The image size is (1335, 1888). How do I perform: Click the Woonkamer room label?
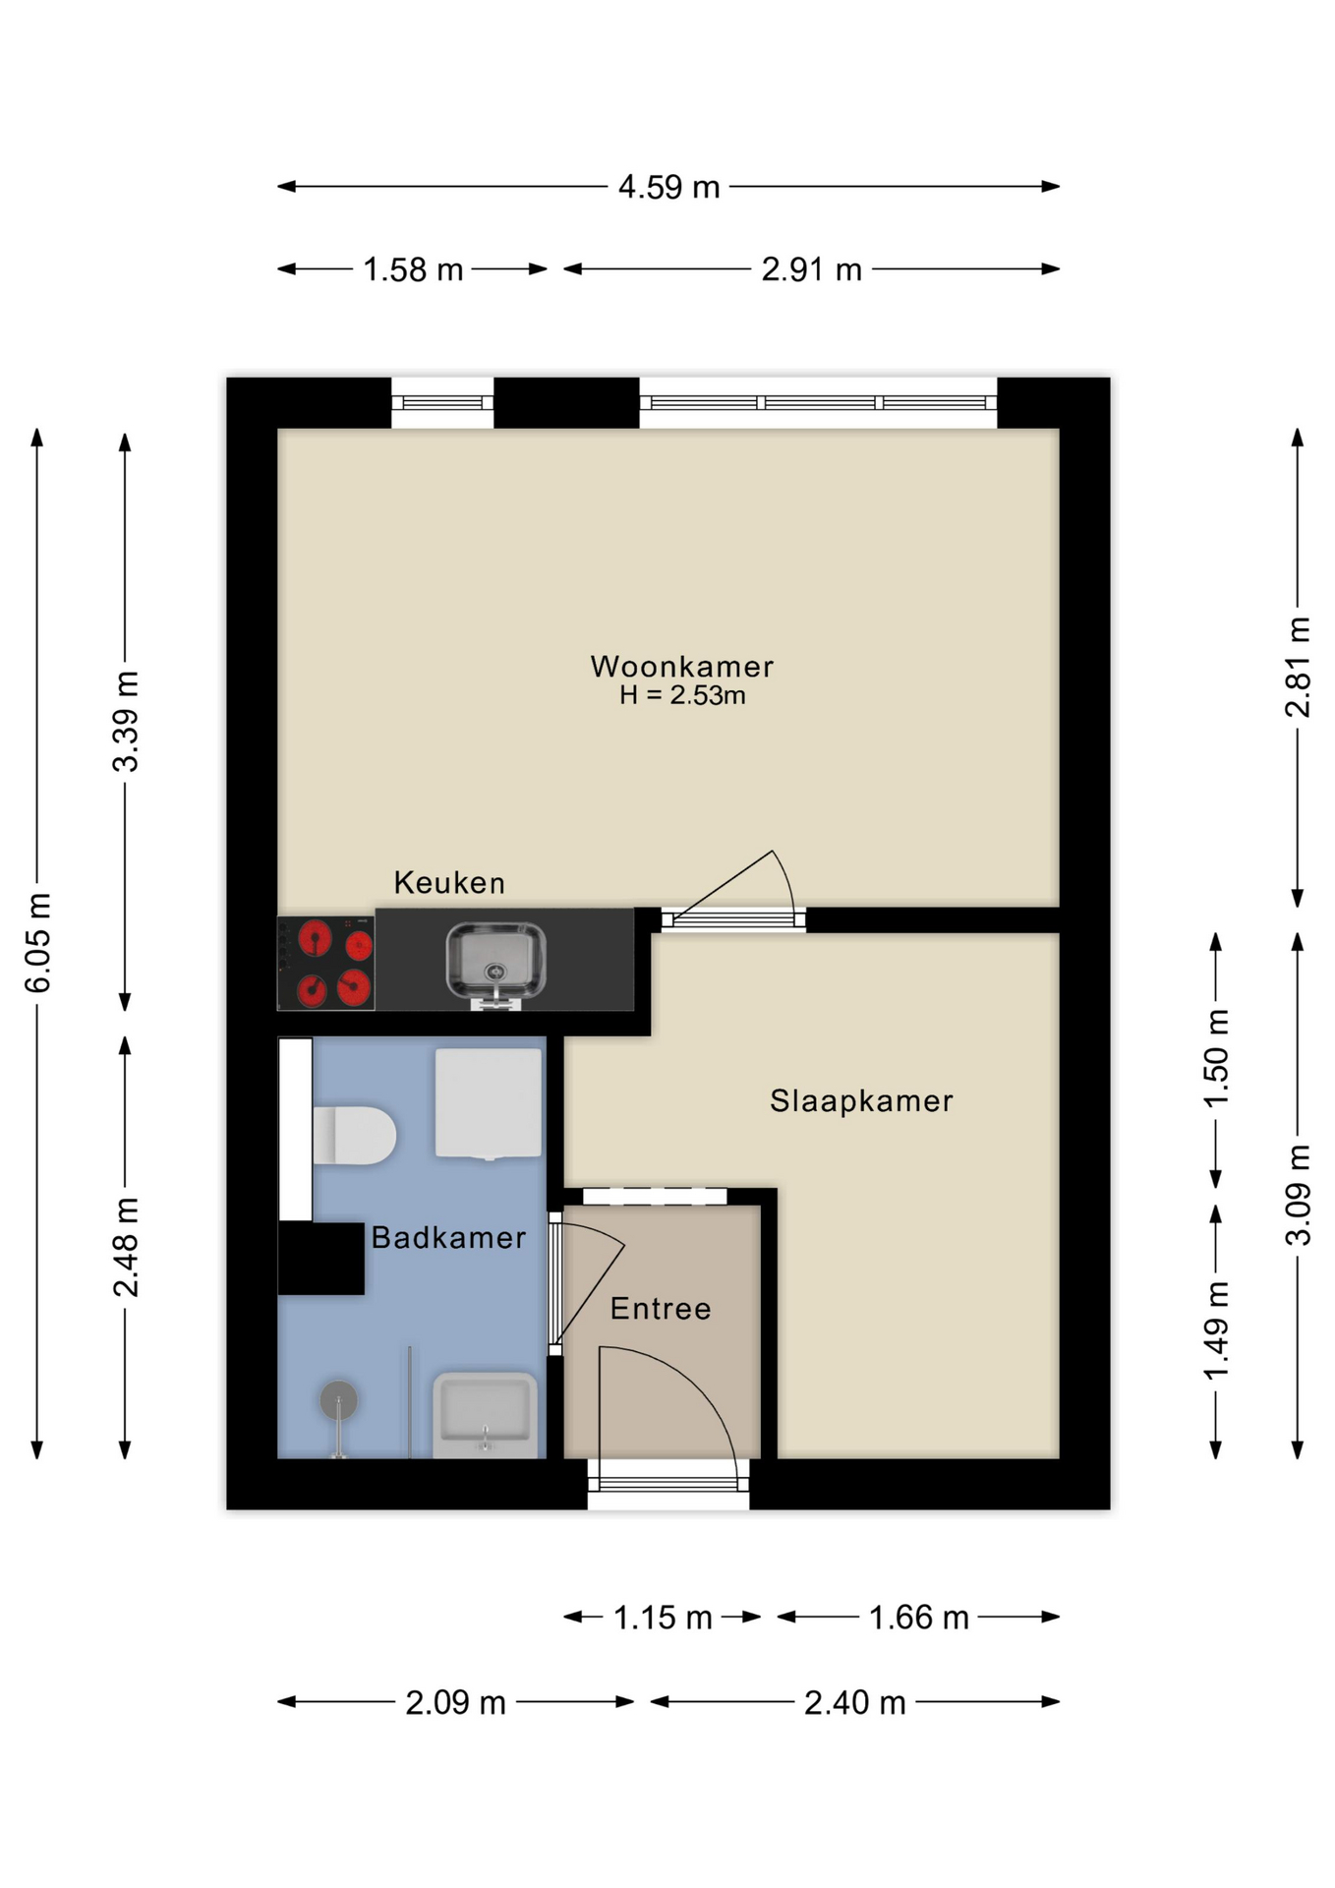681,667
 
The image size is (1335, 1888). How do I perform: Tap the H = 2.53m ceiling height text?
681,695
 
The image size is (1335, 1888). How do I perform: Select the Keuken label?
449,882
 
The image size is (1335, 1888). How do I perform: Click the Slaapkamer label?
861,1100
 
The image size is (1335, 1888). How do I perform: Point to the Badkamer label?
448,1237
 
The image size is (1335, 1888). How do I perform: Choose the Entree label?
661,1308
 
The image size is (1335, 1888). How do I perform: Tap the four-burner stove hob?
326,963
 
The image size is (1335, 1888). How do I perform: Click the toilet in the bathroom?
354,1136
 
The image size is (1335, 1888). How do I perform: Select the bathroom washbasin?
486,1416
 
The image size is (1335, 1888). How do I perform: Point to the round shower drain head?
338,1400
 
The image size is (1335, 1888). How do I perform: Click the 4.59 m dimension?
668,187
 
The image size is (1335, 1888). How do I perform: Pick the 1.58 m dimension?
413,269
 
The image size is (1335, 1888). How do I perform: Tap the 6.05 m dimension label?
37,943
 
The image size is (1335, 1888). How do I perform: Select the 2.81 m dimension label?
1298,667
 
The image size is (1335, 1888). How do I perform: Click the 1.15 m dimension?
663,1618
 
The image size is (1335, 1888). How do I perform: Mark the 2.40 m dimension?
854,1702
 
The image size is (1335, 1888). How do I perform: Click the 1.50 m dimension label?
1216,1059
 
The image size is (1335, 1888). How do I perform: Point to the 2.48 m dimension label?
126,1248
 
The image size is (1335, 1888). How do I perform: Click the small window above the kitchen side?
442,402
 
